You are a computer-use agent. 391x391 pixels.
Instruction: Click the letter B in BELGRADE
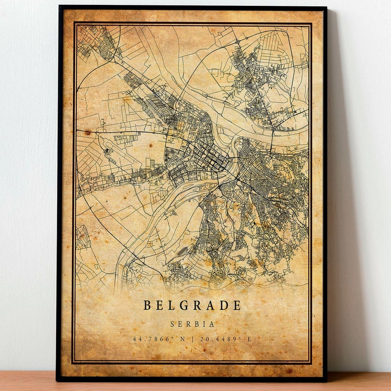click(147, 305)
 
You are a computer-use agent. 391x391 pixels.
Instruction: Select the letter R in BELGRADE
click(197, 305)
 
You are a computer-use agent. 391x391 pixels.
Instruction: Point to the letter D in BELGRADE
click(224, 305)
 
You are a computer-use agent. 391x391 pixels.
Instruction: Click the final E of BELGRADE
click(237, 305)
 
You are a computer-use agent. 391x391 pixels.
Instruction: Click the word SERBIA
click(192, 325)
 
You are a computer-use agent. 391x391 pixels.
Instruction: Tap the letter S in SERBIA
click(172, 325)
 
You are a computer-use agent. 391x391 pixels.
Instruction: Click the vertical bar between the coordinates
click(193, 339)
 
